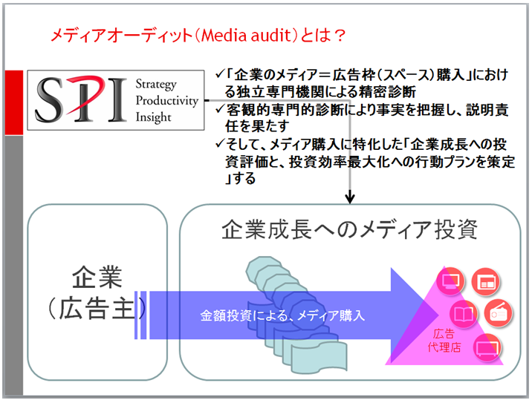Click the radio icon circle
[x=498, y=313]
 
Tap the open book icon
[x=464, y=313]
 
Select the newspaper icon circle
[x=486, y=281]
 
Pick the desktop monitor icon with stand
[x=450, y=281]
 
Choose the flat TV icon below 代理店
[x=487, y=348]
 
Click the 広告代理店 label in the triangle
[x=444, y=341]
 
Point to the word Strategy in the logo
[x=156, y=85]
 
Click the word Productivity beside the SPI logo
[x=167, y=101]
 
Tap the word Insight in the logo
[x=153, y=117]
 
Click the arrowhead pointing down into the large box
[x=350, y=198]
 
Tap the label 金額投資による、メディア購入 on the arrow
[x=282, y=316]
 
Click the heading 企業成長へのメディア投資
[x=349, y=230]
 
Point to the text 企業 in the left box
[x=97, y=278]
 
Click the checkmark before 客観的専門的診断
[x=220, y=109]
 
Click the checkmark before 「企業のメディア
[x=220, y=73]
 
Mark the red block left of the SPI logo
[x=14, y=102]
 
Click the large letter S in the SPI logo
[x=50, y=99]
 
